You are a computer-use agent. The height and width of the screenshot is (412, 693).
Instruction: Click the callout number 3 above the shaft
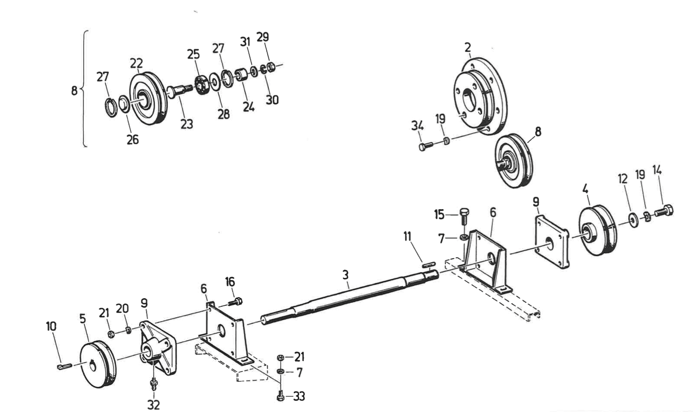pos(345,274)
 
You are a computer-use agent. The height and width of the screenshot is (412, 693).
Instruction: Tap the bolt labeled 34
pos(425,146)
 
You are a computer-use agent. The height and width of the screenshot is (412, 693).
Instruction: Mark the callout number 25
pos(193,54)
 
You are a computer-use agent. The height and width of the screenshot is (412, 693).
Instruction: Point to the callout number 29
pos(263,37)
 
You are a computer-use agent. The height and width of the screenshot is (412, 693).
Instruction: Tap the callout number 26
pos(132,139)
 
